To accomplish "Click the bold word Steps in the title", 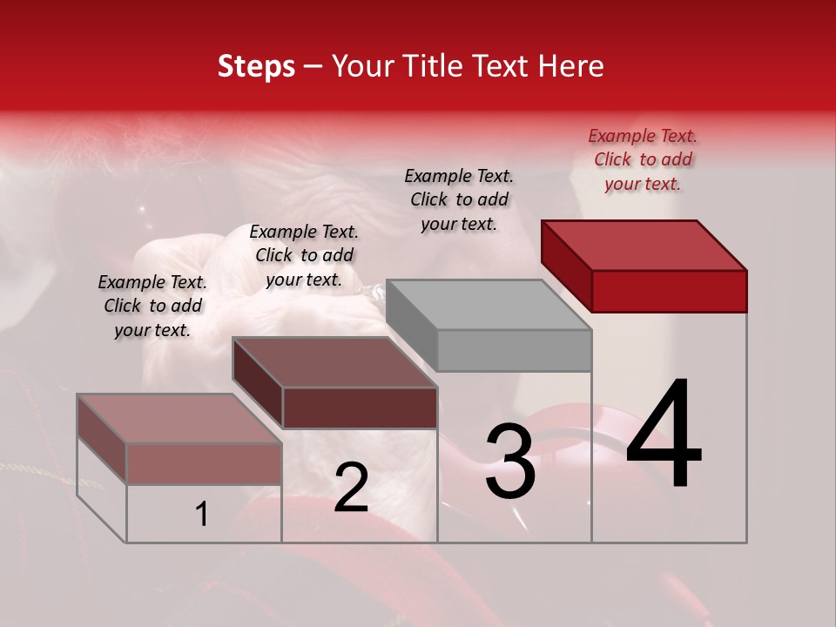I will point(256,66).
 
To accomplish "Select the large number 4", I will point(664,435).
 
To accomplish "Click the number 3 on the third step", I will point(509,463).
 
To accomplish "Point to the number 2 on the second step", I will point(351,488).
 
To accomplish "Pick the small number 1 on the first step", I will point(202,515).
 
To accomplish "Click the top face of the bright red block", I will point(644,245).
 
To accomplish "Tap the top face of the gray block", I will point(489,305).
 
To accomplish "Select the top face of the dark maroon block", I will point(334,362).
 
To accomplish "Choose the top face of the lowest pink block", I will point(179,419).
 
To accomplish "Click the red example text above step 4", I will point(643,159).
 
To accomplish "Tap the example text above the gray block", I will point(459,199).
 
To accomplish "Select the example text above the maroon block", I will point(304,255).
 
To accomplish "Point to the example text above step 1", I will point(152,306).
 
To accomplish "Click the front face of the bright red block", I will point(669,291).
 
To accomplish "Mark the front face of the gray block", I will point(514,350).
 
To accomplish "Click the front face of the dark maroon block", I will point(360,408).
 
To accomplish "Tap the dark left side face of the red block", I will point(566,266).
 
